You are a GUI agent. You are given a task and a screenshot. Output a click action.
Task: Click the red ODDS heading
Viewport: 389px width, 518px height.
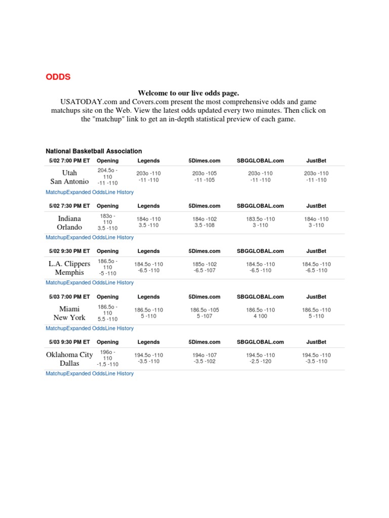(58, 77)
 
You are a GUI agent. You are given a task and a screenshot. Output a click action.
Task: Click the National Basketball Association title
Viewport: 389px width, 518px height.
(94, 151)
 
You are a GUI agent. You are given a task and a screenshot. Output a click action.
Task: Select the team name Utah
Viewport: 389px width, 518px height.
(69, 172)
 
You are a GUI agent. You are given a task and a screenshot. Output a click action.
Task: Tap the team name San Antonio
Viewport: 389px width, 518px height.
(69, 181)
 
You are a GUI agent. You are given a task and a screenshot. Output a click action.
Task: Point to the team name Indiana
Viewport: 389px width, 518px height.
(69, 219)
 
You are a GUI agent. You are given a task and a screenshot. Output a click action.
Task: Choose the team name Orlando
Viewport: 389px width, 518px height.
(69, 227)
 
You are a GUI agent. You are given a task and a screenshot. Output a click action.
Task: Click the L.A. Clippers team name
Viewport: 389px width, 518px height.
(69, 264)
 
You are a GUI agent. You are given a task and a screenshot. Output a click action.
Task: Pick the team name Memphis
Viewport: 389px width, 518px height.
(69, 272)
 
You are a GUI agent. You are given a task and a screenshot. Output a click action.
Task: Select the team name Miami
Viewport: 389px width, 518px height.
(69, 309)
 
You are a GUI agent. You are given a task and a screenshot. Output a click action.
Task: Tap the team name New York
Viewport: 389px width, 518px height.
(69, 318)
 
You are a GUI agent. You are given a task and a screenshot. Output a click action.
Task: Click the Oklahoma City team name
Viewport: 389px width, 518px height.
(69, 355)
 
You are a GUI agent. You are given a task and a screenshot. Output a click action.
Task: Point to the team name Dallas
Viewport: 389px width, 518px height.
(69, 363)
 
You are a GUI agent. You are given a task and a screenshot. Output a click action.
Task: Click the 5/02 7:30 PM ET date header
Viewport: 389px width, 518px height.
(69, 206)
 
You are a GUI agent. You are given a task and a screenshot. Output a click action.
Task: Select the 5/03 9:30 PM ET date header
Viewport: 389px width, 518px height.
(69, 342)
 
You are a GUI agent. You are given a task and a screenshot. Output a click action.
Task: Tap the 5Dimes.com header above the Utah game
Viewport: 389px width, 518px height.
(205, 161)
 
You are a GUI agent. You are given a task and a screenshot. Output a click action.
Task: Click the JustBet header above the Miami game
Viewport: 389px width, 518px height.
(316, 297)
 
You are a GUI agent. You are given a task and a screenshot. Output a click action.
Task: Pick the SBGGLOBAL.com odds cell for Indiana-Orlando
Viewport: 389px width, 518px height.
(260, 222)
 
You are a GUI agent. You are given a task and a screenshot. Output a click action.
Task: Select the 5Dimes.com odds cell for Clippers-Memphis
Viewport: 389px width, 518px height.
(205, 267)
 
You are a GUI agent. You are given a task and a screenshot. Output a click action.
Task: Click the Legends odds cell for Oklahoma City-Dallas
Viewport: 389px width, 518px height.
(148, 358)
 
